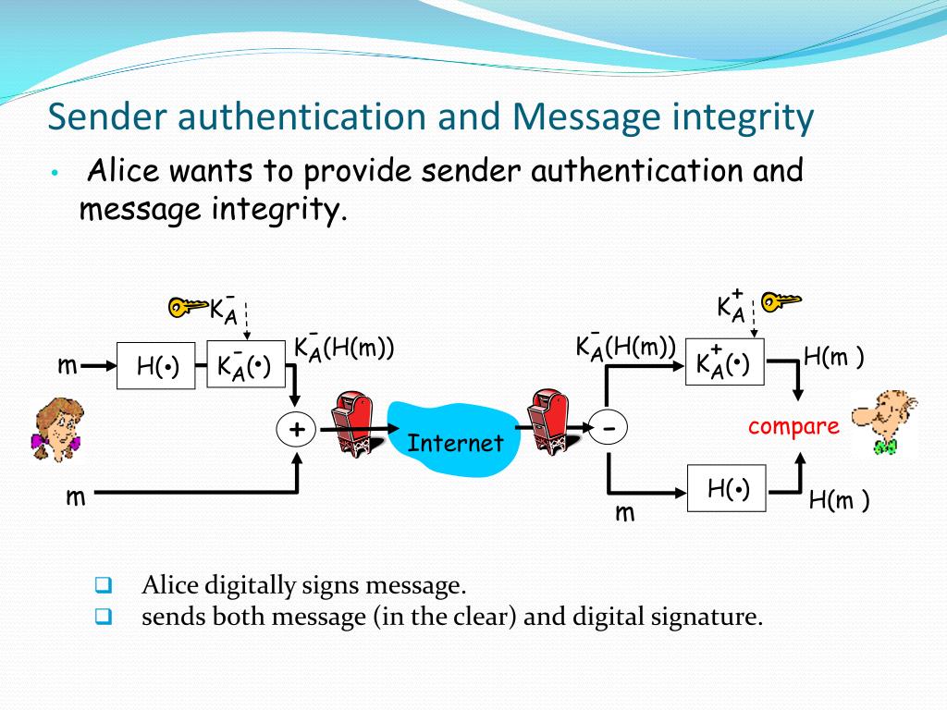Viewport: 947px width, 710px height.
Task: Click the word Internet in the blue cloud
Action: [456, 443]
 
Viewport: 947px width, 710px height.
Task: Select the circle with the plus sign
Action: [297, 428]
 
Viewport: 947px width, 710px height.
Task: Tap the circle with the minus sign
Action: [609, 428]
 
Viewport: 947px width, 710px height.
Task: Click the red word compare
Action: [793, 426]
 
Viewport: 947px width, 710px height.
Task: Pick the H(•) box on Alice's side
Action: [156, 366]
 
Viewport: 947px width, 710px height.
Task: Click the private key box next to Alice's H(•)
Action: [244, 366]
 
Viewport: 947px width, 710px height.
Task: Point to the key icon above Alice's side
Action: [187, 306]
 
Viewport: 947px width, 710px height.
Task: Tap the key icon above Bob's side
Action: [781, 300]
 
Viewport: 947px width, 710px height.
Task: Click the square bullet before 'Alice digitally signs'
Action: [103, 585]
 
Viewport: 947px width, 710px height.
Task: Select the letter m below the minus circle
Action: [625, 512]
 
